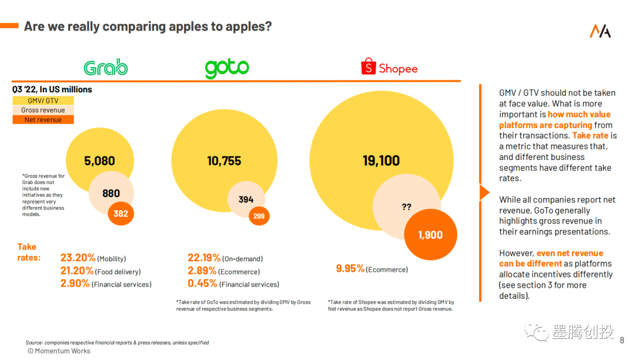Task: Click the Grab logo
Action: pyautogui.click(x=106, y=68)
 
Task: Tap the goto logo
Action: pyautogui.click(x=227, y=68)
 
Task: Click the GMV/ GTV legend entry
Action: pyautogui.click(x=43, y=101)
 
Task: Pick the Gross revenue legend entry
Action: pyautogui.click(x=43, y=110)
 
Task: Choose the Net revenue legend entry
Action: pyautogui.click(x=43, y=119)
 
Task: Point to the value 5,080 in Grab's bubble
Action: pyautogui.click(x=99, y=161)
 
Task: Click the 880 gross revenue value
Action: pyautogui.click(x=111, y=193)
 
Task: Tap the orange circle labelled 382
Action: pyautogui.click(x=121, y=214)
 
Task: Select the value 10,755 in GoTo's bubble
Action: pyautogui.click(x=224, y=161)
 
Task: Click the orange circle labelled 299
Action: pyautogui.click(x=259, y=216)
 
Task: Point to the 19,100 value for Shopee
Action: pyautogui.click(x=381, y=161)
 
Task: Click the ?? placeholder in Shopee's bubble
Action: pyautogui.click(x=406, y=207)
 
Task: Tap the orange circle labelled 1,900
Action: pyautogui.click(x=430, y=235)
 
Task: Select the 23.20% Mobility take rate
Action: pyautogui.click(x=78, y=258)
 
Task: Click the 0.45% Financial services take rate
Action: pyautogui.click(x=203, y=284)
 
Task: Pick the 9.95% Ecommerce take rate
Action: pyautogui.click(x=350, y=268)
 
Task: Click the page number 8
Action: pyautogui.click(x=623, y=339)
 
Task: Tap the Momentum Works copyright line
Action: pyautogui.click(x=59, y=351)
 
